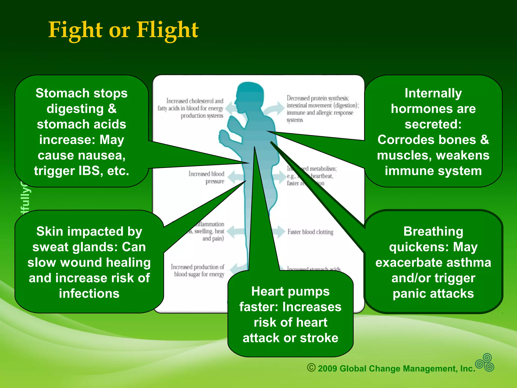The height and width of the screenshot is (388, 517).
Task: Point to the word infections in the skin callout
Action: [89, 294]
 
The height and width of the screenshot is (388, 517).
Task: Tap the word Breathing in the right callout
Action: [433, 231]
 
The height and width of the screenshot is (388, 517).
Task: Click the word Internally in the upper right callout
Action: [433, 93]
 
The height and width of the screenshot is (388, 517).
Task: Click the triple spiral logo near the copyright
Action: [485, 363]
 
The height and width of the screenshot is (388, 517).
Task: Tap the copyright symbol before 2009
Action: [311, 368]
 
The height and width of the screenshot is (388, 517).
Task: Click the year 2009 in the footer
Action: [327, 369]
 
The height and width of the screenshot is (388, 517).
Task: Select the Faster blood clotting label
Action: [310, 232]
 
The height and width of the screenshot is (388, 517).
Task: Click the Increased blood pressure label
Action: [206, 177]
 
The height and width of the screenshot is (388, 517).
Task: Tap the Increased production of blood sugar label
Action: [198, 271]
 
